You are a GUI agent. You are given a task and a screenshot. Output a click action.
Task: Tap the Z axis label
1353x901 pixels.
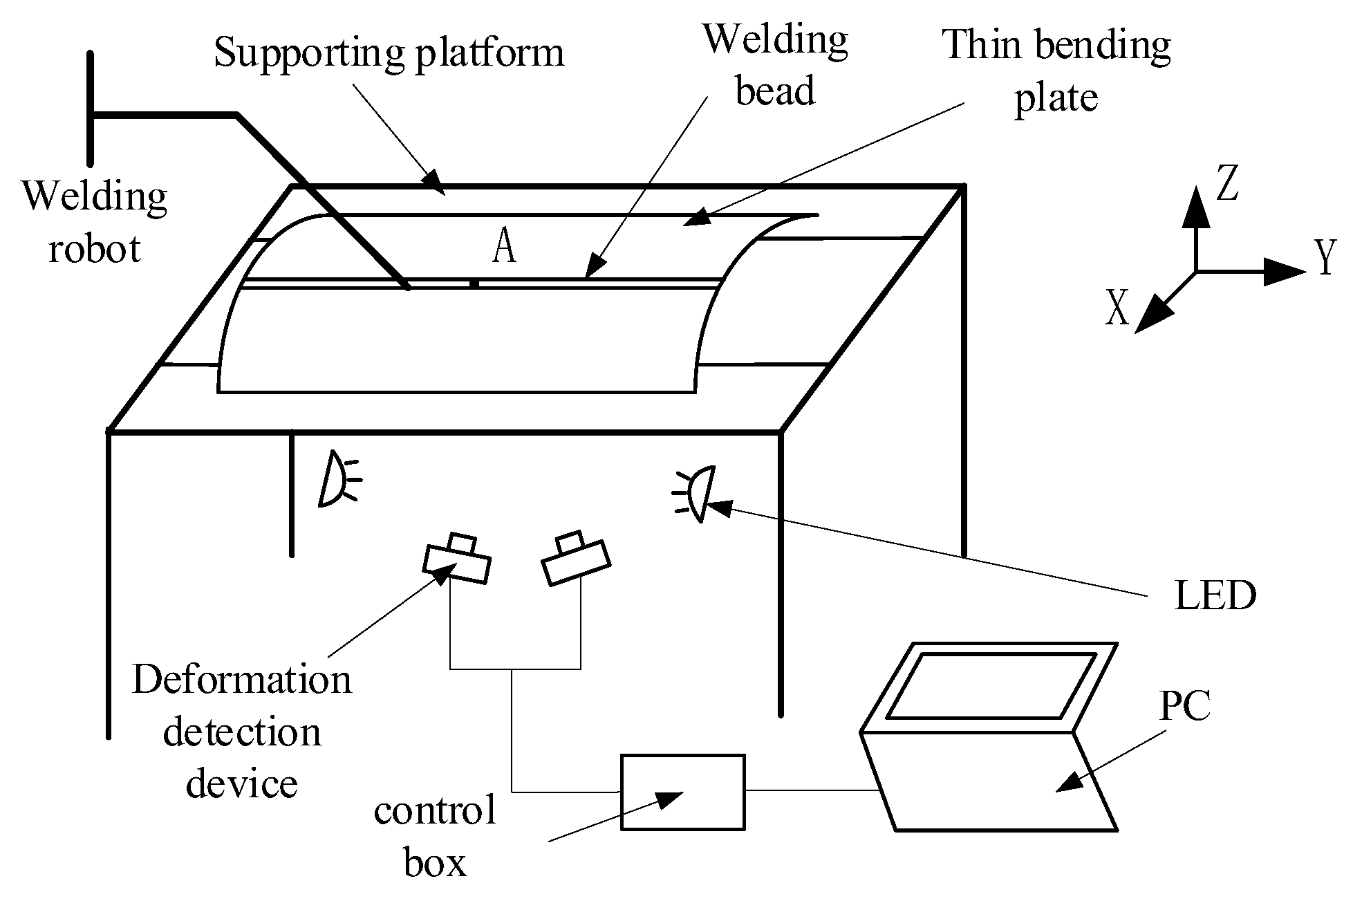pyautogui.click(x=1227, y=185)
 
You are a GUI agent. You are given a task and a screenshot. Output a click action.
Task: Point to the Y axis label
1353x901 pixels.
pyautogui.click(x=1325, y=258)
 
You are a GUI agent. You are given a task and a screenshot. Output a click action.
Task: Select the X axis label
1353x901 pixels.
pyautogui.click(x=1117, y=308)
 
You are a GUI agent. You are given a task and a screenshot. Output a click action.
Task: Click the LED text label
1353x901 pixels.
pyautogui.click(x=1215, y=595)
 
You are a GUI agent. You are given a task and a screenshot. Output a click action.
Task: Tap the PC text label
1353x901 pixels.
pyautogui.click(x=1185, y=706)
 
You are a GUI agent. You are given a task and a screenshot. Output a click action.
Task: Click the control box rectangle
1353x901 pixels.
pyautogui.click(x=682, y=792)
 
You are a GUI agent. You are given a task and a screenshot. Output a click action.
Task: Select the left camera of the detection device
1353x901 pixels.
pyautogui.click(x=457, y=560)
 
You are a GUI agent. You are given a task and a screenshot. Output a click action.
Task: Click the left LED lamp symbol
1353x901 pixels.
pyautogui.click(x=335, y=479)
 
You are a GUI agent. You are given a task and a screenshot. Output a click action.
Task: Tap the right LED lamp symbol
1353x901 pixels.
pyautogui.click(x=698, y=494)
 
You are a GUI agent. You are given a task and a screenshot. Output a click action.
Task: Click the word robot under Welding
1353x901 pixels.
pyautogui.click(x=94, y=248)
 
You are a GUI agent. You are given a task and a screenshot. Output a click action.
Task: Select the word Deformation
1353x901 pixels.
pyautogui.click(x=242, y=680)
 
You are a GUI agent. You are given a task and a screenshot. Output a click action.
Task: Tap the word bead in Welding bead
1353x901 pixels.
pyautogui.click(x=775, y=92)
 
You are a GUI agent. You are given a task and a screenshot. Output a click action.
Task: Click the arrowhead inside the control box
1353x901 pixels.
pyautogui.click(x=668, y=799)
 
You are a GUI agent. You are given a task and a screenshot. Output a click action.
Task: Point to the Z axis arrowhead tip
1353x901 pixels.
pyautogui.click(x=1195, y=188)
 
